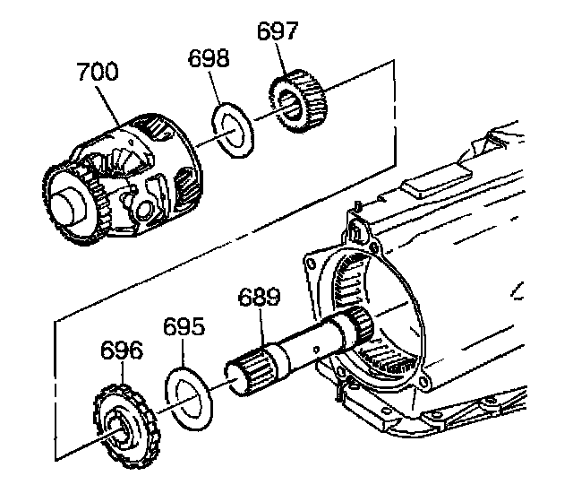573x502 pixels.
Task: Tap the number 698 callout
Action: point(209,60)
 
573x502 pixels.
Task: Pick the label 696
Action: point(121,350)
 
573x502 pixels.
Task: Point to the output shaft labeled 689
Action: point(295,345)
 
